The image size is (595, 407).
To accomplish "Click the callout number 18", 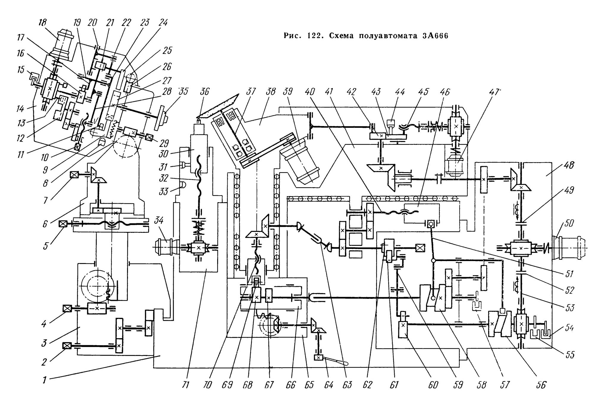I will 42,23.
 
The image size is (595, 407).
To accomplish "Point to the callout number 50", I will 569,223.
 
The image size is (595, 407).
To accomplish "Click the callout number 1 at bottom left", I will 44,379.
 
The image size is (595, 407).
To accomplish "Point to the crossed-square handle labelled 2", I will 67,346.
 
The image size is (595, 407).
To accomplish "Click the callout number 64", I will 328,385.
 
